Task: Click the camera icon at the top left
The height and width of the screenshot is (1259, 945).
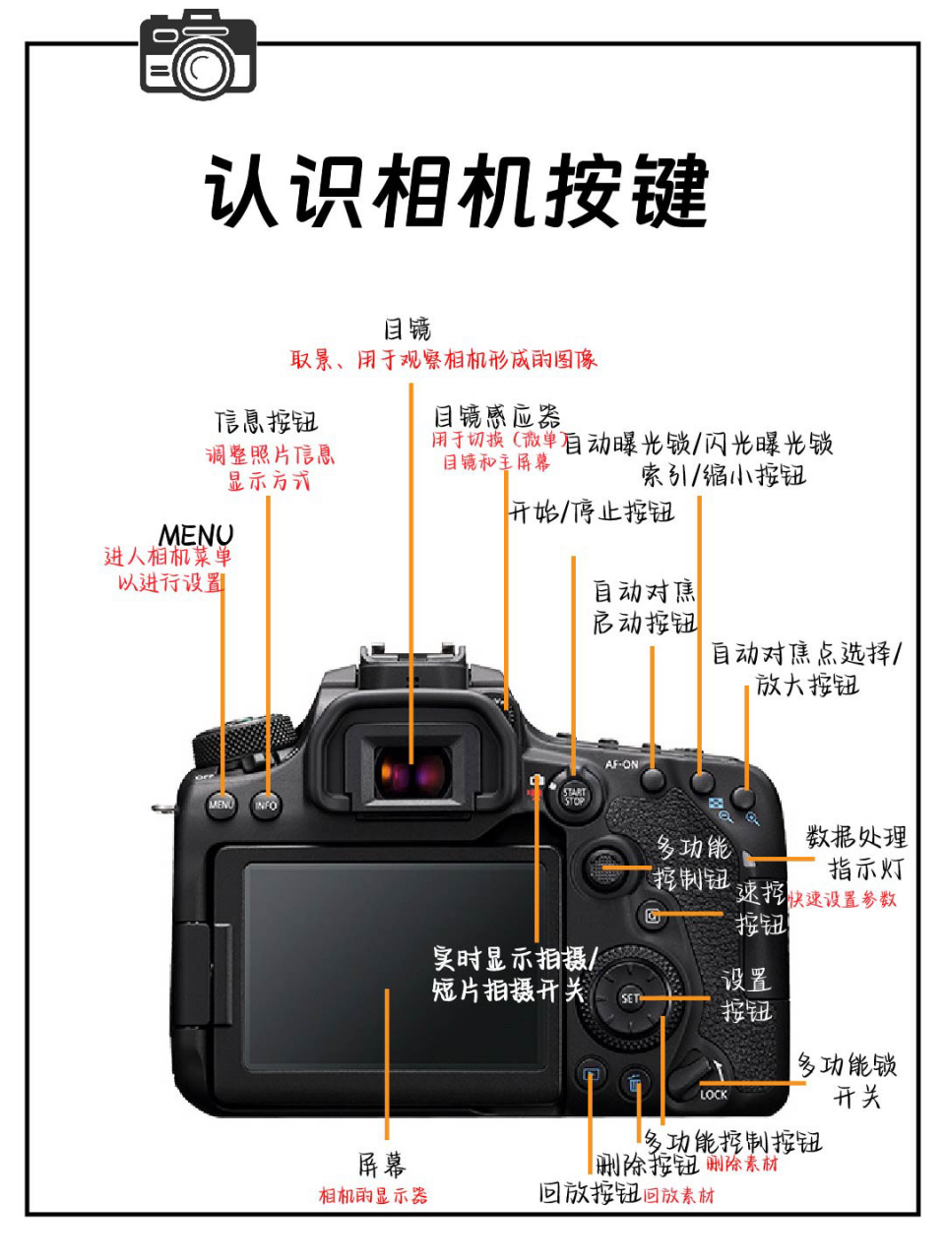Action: pyautogui.click(x=198, y=55)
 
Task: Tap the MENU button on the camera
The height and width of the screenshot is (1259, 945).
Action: pyautogui.click(x=221, y=805)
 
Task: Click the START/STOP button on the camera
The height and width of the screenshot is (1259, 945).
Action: pyautogui.click(x=574, y=795)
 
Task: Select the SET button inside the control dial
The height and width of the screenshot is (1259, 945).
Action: pyautogui.click(x=630, y=998)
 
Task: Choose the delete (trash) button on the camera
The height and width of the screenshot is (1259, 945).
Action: pyautogui.click(x=636, y=1082)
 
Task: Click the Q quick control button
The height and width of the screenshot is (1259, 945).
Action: pyautogui.click(x=651, y=916)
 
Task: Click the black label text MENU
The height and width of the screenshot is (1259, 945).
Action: pyautogui.click(x=196, y=535)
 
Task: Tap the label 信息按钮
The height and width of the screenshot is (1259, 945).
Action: pyautogui.click(x=267, y=422)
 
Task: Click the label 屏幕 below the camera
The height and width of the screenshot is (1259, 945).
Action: pyautogui.click(x=381, y=1166)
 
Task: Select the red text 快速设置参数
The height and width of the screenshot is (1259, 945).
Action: pyautogui.click(x=843, y=899)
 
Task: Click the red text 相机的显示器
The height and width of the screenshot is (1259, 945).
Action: pyautogui.click(x=373, y=1196)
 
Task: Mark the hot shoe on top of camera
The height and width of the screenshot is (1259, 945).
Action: pyautogui.click(x=412, y=661)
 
